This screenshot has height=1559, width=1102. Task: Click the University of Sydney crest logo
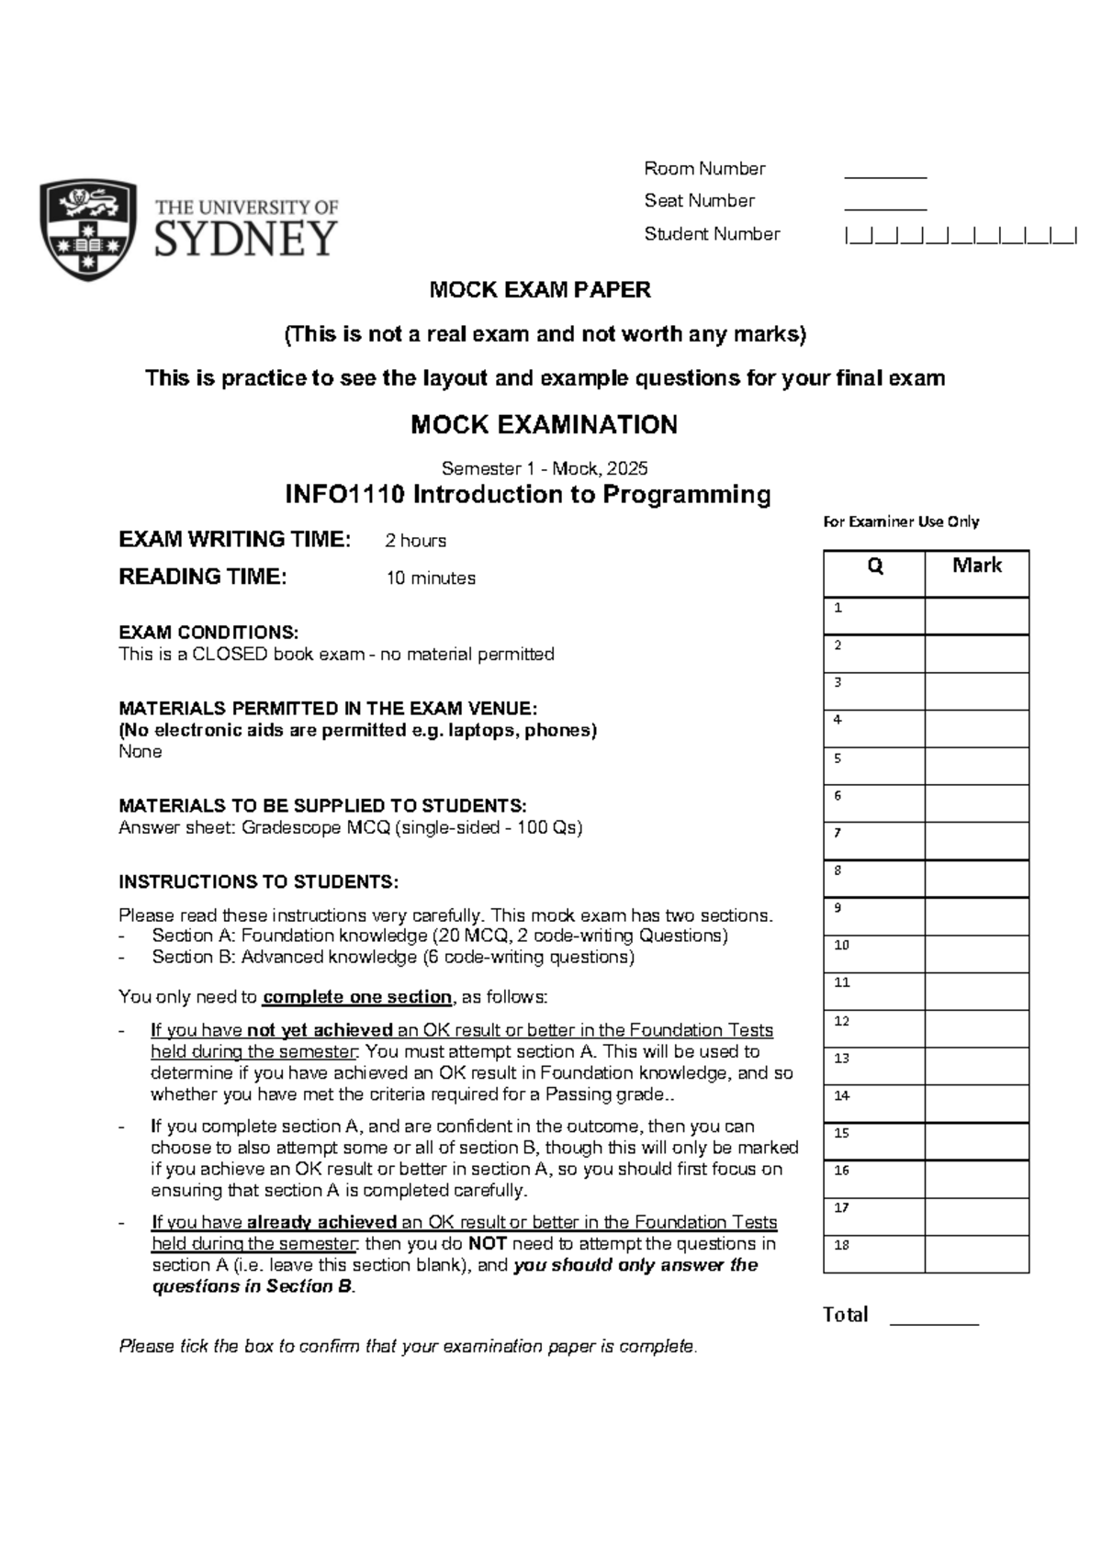[88, 230]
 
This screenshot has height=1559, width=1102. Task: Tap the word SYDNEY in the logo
[246, 239]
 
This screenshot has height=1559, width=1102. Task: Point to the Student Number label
[712, 234]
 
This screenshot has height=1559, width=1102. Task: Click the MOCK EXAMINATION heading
[544, 424]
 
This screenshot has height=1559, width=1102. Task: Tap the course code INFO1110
[345, 495]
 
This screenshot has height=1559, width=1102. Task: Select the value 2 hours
[416, 541]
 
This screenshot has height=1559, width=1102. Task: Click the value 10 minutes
[431, 578]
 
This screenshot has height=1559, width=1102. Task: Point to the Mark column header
[977, 566]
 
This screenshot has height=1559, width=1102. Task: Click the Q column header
[874, 566]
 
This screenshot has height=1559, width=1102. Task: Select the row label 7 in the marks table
[838, 833]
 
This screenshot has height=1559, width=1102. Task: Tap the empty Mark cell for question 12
[977, 1029]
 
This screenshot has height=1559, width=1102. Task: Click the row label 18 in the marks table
[842, 1245]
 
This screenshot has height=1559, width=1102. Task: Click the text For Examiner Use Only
[901, 522]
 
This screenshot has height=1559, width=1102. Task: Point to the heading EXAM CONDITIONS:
[208, 633]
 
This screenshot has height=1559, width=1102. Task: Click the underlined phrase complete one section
[357, 997]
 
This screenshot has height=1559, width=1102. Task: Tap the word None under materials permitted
[141, 751]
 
